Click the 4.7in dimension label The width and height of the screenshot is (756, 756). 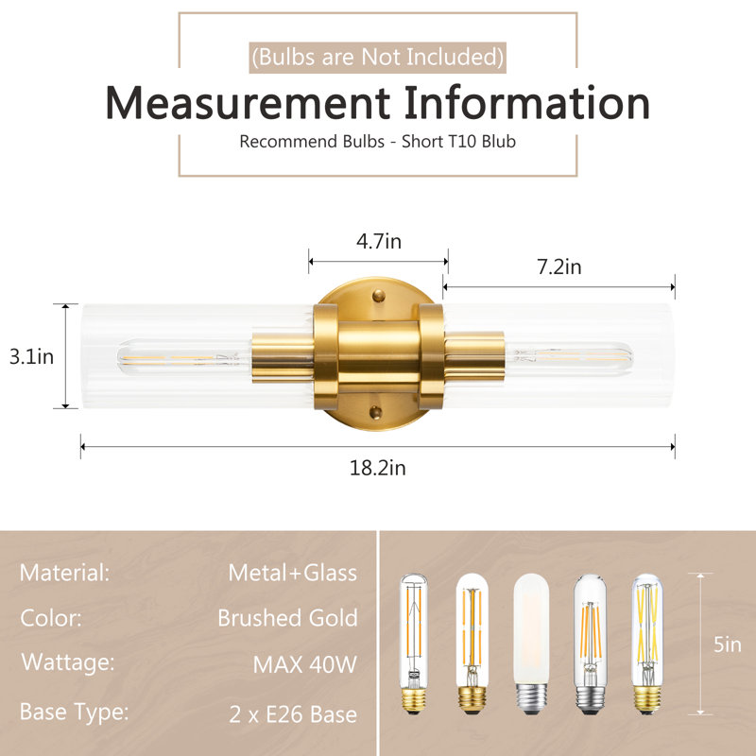379,241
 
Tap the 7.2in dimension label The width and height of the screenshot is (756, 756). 559,266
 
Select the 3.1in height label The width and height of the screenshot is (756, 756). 31,357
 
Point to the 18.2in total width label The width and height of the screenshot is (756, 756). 377,468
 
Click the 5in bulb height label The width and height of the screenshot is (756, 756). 727,644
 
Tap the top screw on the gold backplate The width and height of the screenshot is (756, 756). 379,295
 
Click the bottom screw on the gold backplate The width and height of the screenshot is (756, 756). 375,412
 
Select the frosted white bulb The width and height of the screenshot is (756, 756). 531,644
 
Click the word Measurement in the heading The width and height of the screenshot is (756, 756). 248,103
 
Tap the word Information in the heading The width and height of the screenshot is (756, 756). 527,103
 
